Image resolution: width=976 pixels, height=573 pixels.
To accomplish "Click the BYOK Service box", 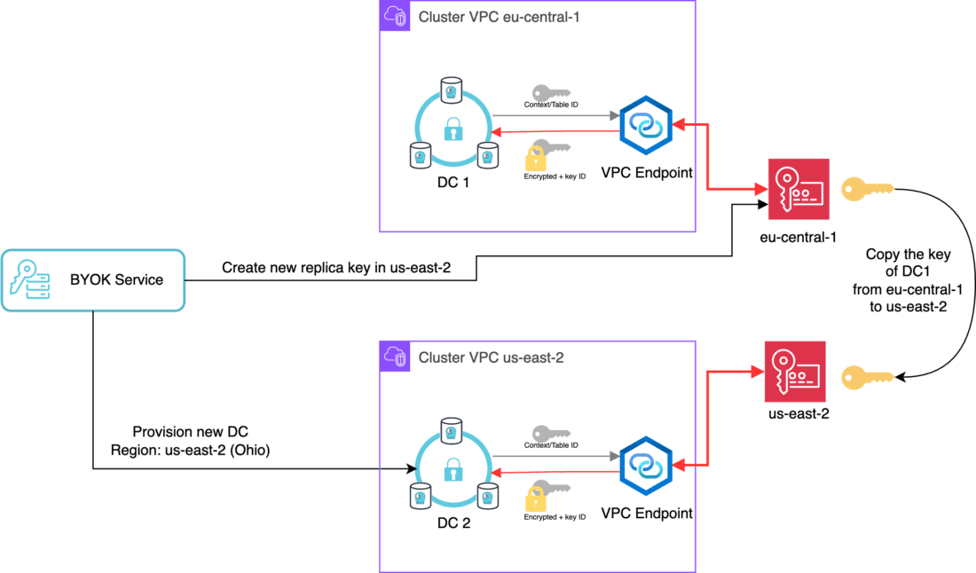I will tap(93, 279).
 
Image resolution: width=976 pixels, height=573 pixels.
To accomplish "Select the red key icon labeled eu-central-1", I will tap(799, 189).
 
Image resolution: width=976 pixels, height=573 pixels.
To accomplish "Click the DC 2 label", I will tap(453, 522).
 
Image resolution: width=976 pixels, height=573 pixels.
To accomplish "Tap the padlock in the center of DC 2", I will tap(453, 467).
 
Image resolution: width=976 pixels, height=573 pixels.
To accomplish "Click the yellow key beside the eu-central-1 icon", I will tap(868, 188).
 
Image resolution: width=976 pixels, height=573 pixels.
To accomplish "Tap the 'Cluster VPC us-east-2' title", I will tap(491, 357).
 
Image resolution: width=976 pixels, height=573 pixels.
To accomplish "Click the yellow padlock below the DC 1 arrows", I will tap(535, 160).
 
